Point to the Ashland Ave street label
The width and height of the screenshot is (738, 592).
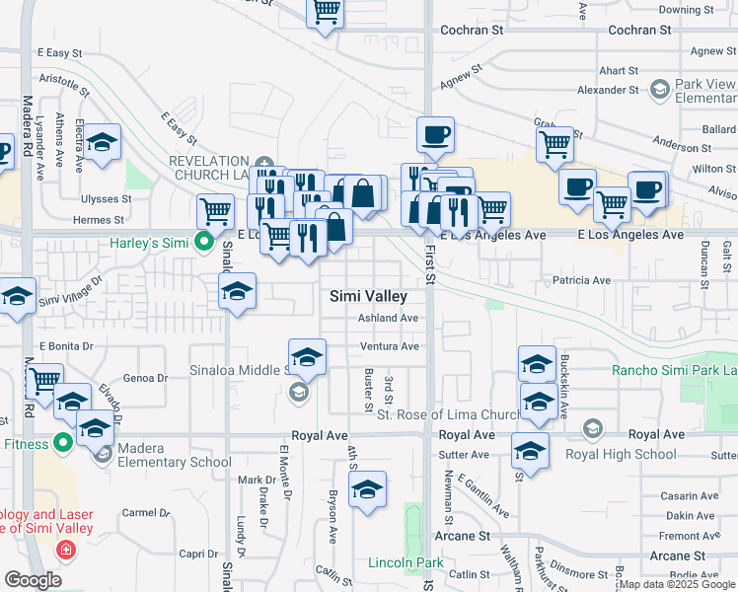coord(388,318)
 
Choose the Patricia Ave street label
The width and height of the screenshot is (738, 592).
coord(581,280)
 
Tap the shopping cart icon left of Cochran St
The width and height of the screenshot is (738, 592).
coord(327,13)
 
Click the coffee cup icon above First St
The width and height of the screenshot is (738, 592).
coord(434,134)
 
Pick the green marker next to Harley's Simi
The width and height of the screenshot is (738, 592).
coord(204,241)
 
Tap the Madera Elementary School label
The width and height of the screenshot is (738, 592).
coord(174,462)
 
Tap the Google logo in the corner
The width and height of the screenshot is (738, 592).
coord(33,581)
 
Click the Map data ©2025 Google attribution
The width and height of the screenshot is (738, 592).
coord(677,584)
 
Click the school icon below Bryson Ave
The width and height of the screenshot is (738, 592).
coord(367,489)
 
